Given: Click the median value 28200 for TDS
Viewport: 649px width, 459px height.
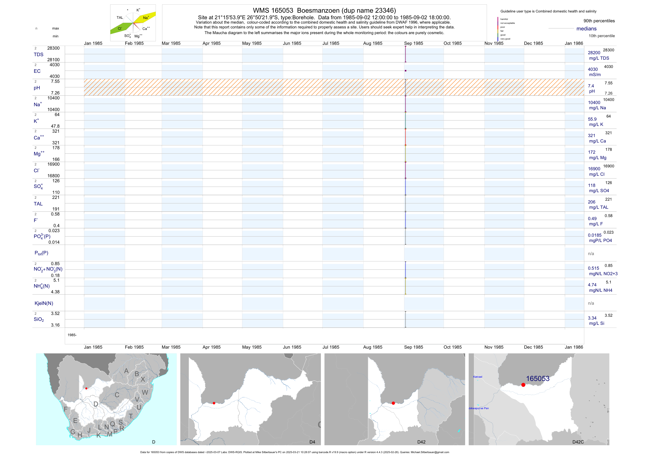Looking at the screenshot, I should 594,53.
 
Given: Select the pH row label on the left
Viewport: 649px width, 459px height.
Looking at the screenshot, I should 37,88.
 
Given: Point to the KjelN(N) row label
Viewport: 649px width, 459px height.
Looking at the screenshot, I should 44,303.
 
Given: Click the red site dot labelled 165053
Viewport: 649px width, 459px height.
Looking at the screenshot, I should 523,385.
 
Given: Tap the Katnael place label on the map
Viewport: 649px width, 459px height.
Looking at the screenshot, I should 478,377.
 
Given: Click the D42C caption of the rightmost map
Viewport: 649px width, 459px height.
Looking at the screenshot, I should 578,442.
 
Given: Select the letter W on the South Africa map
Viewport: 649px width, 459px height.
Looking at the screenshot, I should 145,392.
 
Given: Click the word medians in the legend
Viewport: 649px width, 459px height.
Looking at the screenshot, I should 586,29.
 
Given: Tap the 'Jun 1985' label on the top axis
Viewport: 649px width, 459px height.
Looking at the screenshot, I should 292,43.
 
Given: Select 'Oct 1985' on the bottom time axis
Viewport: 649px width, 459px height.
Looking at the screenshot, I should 452,347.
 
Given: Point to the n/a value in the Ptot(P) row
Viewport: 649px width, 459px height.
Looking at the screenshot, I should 591,254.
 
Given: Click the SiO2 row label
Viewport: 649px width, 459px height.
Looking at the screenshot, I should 39,319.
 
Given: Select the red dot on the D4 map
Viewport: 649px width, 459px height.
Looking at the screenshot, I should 214,403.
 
